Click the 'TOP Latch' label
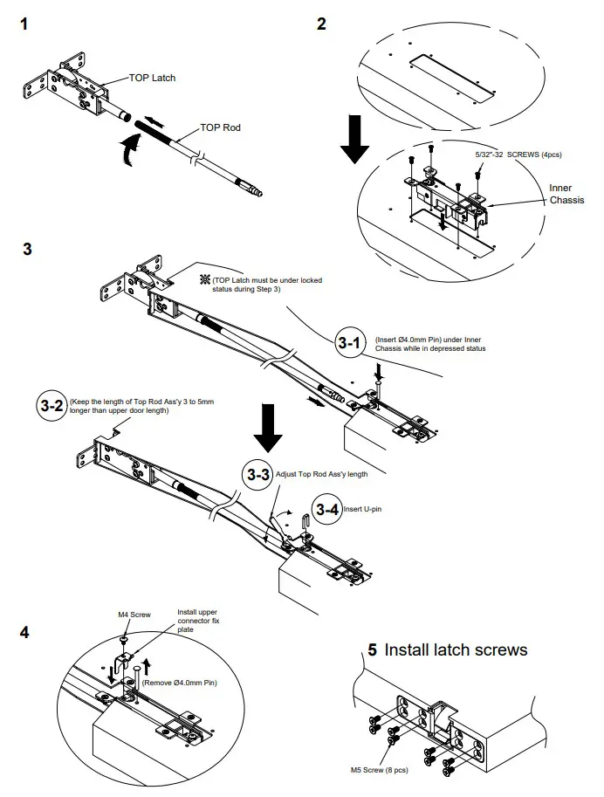click(x=152, y=78)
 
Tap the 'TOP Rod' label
click(x=220, y=127)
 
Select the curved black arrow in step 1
click(x=128, y=148)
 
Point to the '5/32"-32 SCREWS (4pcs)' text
click(x=518, y=155)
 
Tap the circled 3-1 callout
click(x=350, y=343)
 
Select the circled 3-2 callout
click(x=51, y=406)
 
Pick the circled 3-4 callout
click(x=327, y=509)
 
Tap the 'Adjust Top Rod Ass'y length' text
click(x=321, y=473)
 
